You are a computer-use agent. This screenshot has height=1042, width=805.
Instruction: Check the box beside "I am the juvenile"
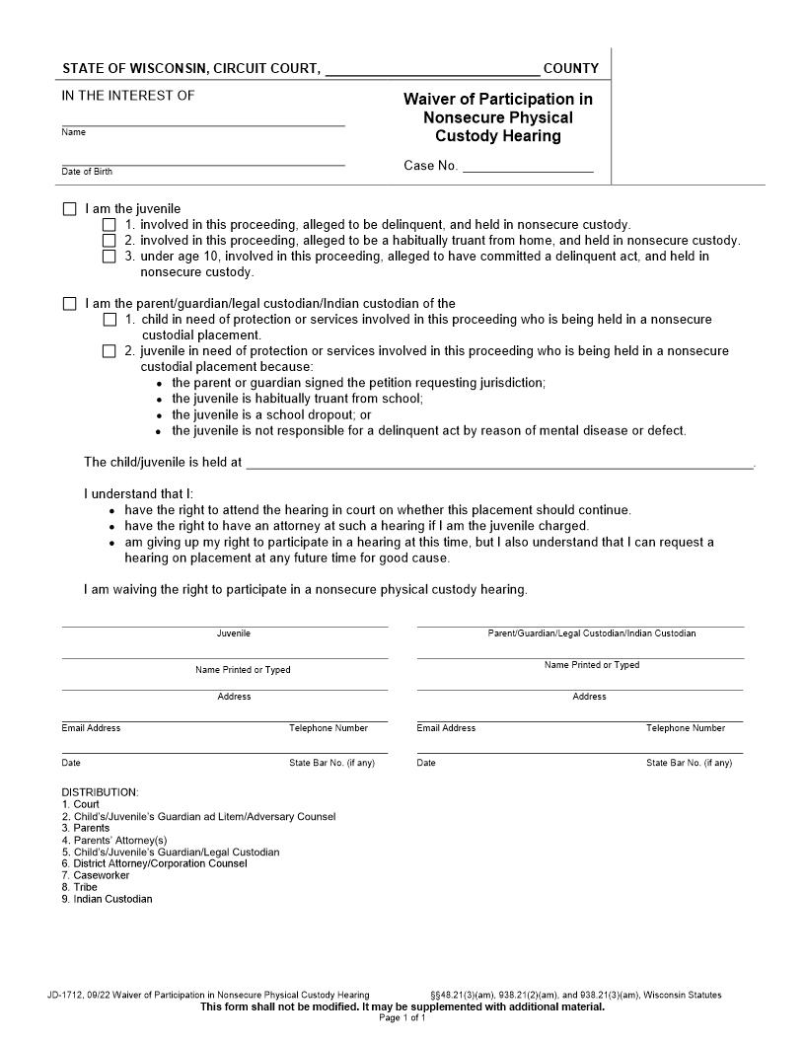click(x=69, y=209)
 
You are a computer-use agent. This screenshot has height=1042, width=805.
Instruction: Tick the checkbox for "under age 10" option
click(x=110, y=257)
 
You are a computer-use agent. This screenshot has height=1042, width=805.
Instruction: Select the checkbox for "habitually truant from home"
click(x=110, y=241)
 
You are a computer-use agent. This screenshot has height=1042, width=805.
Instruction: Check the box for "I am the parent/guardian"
click(x=69, y=304)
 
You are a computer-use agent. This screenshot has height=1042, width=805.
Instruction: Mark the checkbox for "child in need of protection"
click(x=110, y=320)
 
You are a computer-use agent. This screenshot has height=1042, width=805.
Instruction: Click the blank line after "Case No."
click(x=528, y=166)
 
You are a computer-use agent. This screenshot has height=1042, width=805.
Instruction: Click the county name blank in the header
click(x=431, y=69)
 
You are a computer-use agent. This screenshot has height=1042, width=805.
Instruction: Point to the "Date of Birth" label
click(x=87, y=172)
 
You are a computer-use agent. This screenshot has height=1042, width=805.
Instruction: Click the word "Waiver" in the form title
click(x=429, y=99)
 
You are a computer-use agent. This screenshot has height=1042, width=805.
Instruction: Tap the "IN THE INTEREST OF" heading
click(x=128, y=96)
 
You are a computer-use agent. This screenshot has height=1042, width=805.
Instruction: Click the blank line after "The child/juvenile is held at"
click(x=498, y=462)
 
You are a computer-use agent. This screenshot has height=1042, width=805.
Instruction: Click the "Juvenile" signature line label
click(x=234, y=633)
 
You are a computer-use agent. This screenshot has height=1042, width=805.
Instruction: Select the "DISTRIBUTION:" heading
click(x=101, y=792)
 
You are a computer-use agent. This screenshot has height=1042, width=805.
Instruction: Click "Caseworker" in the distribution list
click(x=101, y=875)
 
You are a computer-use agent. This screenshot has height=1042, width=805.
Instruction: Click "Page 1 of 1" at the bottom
click(x=402, y=1017)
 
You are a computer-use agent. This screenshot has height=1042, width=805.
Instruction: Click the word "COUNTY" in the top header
click(x=571, y=69)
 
